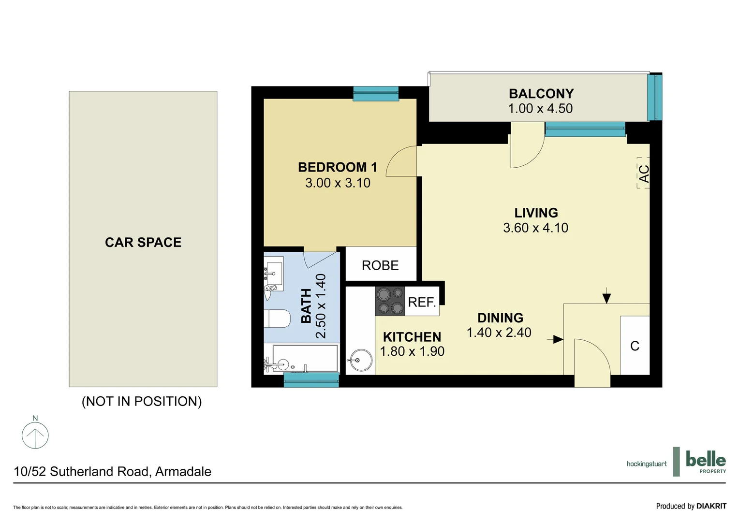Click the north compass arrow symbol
pyautogui.click(x=35, y=435)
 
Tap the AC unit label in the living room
pyautogui.click(x=644, y=173)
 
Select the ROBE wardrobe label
pyautogui.click(x=380, y=265)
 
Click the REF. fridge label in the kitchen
pyautogui.click(x=422, y=303)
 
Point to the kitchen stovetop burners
pyautogui.click(x=390, y=301)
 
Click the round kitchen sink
pyautogui.click(x=361, y=360)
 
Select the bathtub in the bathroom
pyautogui.click(x=304, y=359)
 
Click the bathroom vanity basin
pyautogui.click(x=274, y=274)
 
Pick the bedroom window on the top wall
pyautogui.click(x=376, y=93)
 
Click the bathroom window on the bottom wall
pyautogui.click(x=311, y=380)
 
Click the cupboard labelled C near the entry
pyautogui.click(x=635, y=346)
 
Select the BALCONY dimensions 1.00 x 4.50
pyautogui.click(x=540, y=109)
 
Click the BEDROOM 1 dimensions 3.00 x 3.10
pyautogui.click(x=338, y=183)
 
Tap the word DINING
pyautogui.click(x=500, y=318)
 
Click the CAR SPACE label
pyautogui.click(x=143, y=242)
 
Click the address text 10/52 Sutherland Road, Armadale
pyautogui.click(x=113, y=472)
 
